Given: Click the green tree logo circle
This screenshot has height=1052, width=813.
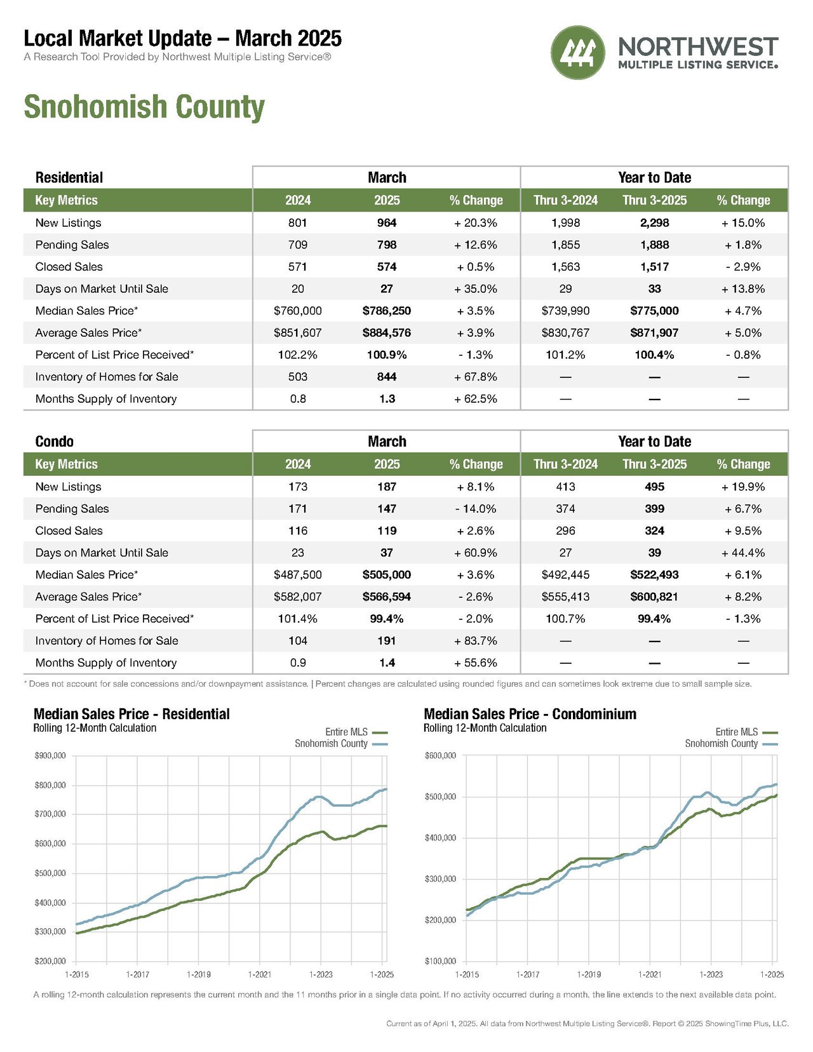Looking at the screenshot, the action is (578, 52).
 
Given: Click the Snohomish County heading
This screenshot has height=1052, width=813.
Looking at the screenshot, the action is (144, 107).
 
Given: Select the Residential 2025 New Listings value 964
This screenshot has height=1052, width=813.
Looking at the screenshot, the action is (387, 223).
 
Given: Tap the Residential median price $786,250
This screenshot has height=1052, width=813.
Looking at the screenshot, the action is (387, 311).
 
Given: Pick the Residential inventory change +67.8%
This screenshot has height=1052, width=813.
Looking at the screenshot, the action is (476, 377).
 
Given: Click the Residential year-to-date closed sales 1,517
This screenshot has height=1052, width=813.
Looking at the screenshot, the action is (655, 267).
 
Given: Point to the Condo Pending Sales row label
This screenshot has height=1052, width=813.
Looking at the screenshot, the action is (72, 509).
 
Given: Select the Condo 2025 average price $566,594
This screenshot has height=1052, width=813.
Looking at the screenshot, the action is (387, 597).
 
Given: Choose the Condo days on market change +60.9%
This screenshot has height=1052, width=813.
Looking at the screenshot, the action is (476, 553).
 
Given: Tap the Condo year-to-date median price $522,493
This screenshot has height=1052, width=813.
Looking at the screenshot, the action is (655, 575).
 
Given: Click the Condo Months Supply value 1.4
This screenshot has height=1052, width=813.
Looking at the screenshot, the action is (387, 663).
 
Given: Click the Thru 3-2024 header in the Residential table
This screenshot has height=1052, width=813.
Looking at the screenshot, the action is (566, 200).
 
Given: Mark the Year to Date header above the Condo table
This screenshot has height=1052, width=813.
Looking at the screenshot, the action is (655, 442).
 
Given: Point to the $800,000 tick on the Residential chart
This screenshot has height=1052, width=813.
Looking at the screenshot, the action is (50, 785).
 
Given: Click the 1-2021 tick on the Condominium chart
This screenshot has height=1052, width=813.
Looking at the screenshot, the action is (650, 974).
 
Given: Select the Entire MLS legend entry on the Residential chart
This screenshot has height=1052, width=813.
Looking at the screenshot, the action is (356, 732).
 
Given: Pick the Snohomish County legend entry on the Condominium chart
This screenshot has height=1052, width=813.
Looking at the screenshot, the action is (731, 744).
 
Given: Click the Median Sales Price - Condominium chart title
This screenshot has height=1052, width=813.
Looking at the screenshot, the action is (530, 714).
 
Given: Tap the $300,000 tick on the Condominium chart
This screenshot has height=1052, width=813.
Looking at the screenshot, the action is (440, 879).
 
